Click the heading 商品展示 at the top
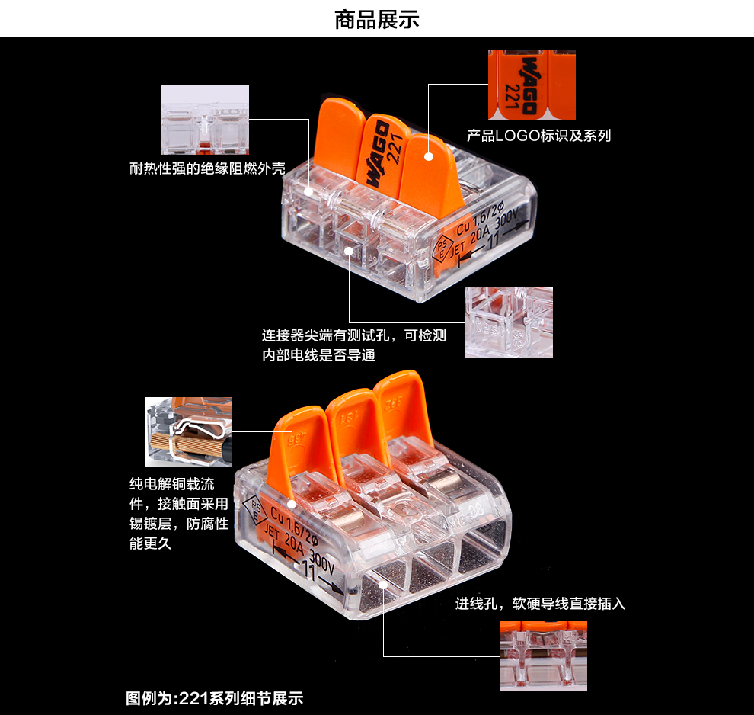tap(376, 19)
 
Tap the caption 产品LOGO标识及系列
tap(538, 136)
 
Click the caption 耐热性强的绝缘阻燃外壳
tap(207, 168)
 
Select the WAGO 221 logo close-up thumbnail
tap(521, 85)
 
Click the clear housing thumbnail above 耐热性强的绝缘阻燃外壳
tap(205, 119)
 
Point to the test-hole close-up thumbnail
tap(509, 322)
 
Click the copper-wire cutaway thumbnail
tap(188, 431)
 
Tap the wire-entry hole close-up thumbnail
tap(543, 656)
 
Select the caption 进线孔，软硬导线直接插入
tap(540, 604)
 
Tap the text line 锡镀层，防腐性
tap(179, 524)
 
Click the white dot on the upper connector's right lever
tap(429, 156)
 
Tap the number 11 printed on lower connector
tap(310, 569)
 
